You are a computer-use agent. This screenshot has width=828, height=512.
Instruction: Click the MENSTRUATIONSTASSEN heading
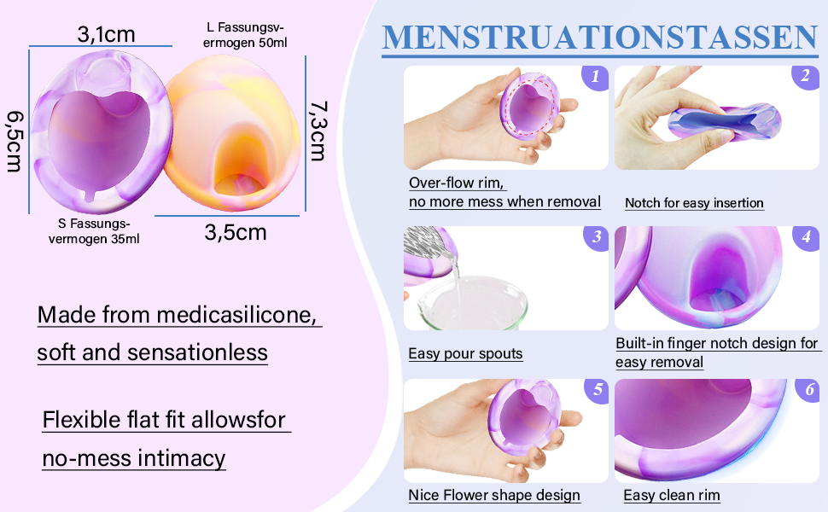pyautogui.click(x=599, y=38)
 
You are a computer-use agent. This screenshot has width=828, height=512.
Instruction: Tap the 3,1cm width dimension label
pyautogui.click(x=106, y=35)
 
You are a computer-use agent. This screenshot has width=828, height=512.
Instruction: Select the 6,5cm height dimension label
pyautogui.click(x=15, y=140)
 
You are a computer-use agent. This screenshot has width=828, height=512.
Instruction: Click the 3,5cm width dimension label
pyautogui.click(x=235, y=232)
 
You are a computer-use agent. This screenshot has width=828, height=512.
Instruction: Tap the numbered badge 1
pyautogui.click(x=595, y=77)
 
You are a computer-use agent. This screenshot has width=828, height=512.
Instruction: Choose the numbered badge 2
pyautogui.click(x=805, y=77)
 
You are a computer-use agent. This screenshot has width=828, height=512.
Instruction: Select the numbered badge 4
pyautogui.click(x=806, y=237)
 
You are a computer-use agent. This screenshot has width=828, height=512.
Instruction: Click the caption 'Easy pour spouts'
pyautogui.click(x=465, y=354)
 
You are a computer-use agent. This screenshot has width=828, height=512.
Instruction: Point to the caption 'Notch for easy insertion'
pyautogui.click(x=694, y=203)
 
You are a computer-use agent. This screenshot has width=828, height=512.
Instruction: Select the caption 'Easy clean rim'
pyautogui.click(x=671, y=496)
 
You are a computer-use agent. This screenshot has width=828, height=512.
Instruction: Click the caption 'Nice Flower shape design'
pyautogui.click(x=494, y=496)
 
